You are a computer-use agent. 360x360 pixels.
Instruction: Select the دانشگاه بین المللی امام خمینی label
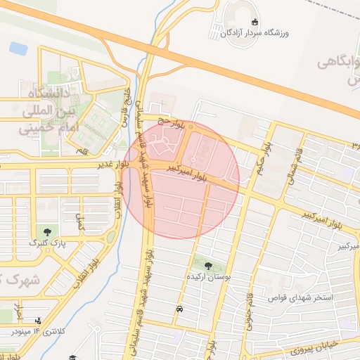(46, 110)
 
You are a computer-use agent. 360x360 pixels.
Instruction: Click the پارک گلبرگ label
(46, 243)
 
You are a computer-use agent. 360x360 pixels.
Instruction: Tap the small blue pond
(18, 49)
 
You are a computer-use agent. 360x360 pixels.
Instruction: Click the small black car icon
(181, 309)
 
